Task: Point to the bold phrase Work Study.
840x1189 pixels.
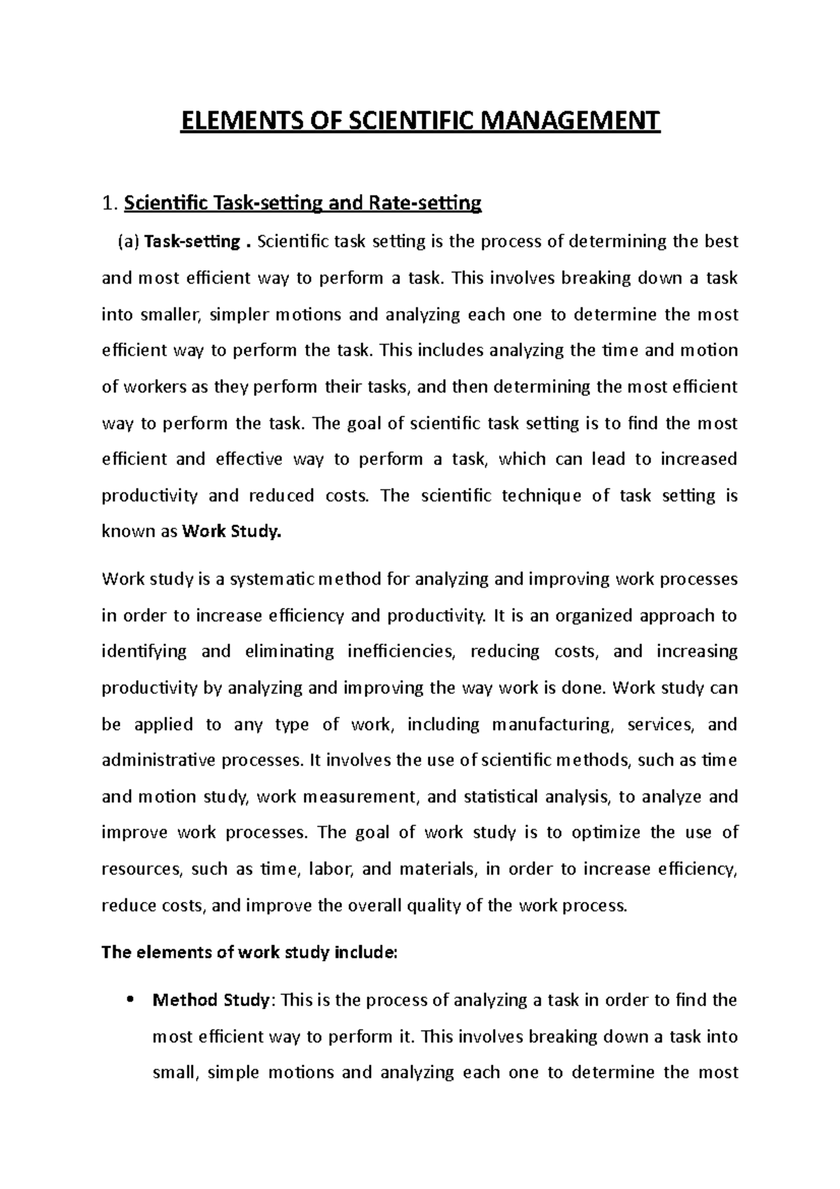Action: coord(231,532)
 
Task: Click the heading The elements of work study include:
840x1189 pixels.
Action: coord(249,952)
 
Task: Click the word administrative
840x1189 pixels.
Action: coord(157,760)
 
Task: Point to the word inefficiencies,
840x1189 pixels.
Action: coord(400,651)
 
